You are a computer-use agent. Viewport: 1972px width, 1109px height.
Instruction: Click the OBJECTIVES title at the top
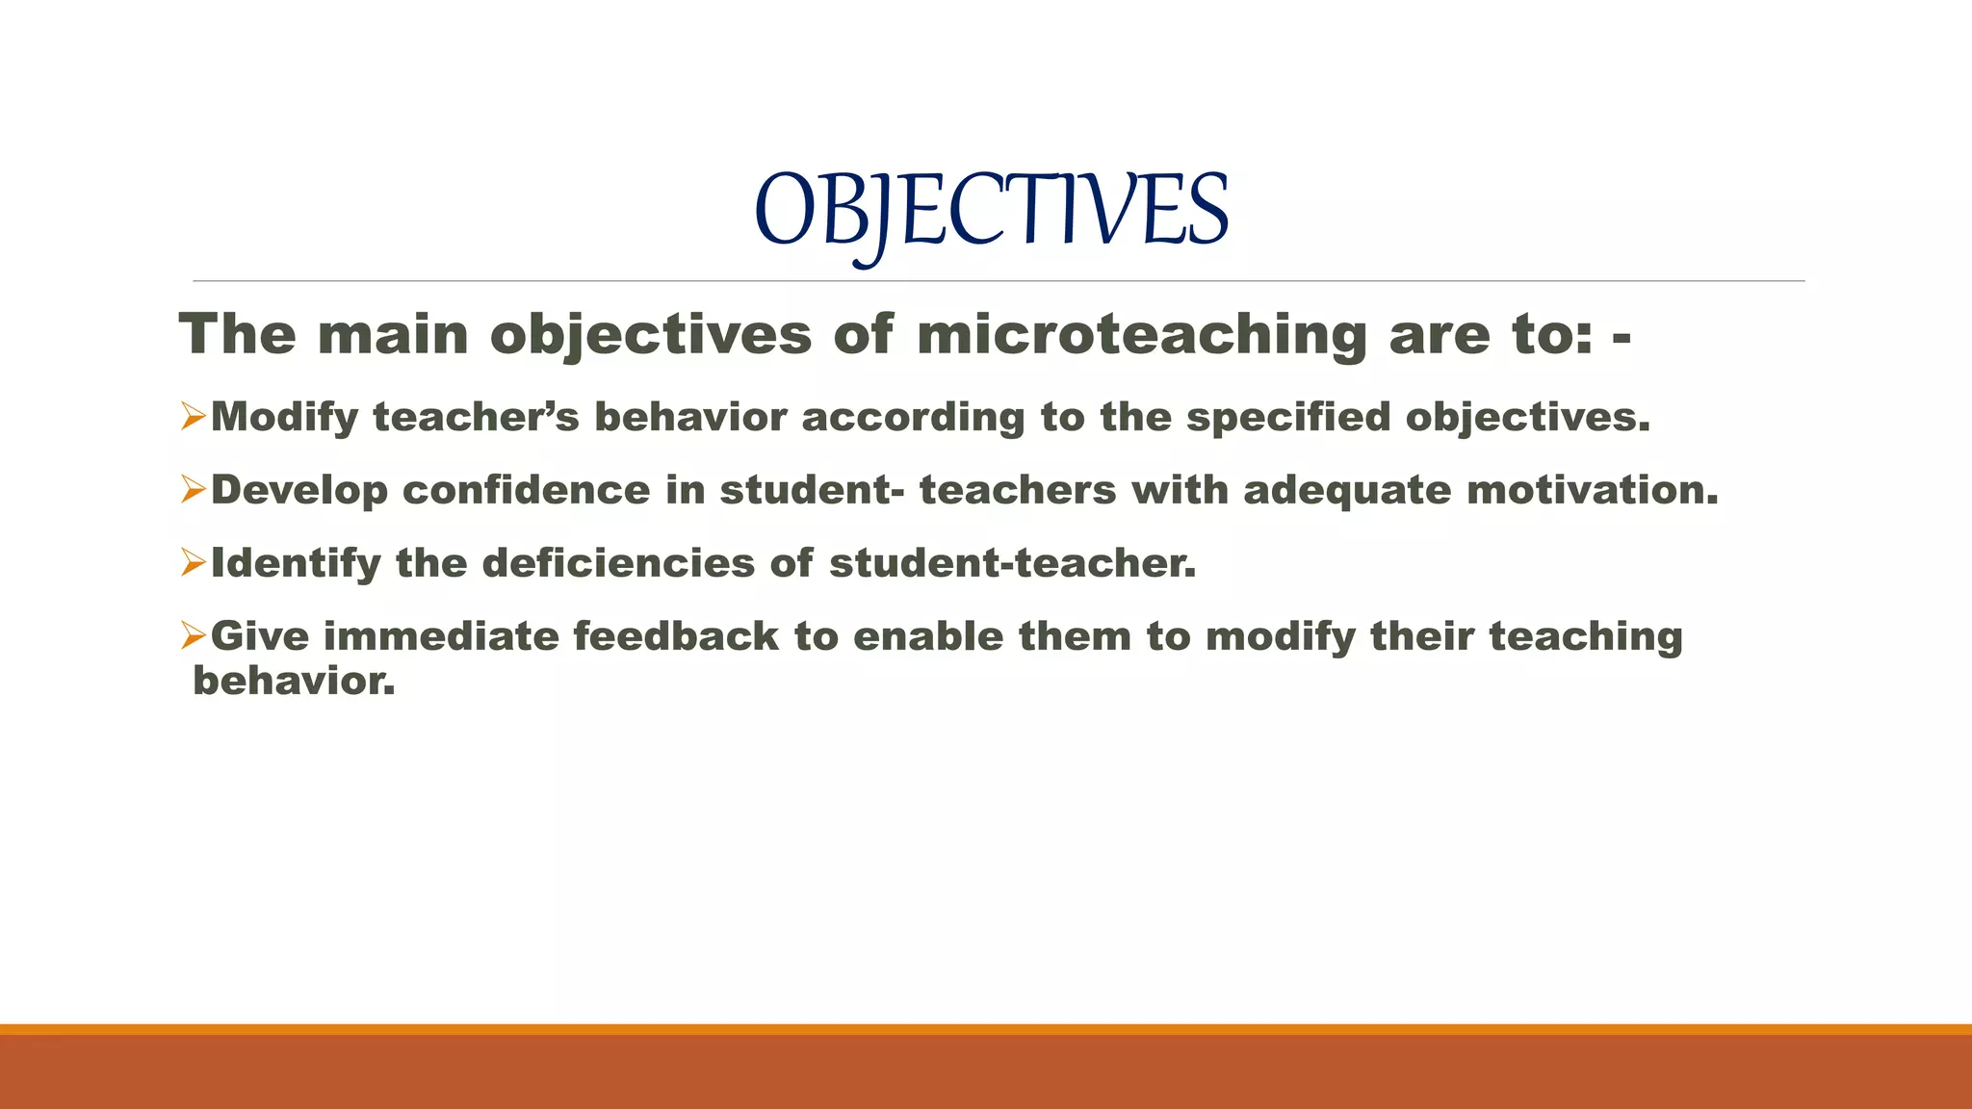coord(991,211)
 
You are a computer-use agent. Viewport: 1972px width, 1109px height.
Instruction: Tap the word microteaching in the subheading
coord(1141,335)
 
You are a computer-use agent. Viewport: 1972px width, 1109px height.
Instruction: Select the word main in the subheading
coord(392,335)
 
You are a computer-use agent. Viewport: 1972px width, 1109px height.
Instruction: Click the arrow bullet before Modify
coord(194,417)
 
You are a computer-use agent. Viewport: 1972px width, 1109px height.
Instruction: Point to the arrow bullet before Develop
coord(194,490)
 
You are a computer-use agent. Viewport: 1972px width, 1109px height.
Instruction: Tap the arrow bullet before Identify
coord(194,563)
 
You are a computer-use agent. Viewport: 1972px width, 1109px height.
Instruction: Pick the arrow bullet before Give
coord(194,636)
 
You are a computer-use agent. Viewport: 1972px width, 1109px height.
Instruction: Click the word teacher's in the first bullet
coord(476,417)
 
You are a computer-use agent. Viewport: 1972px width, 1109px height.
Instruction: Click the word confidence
coord(526,490)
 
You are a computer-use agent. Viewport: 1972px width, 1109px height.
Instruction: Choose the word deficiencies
coord(618,563)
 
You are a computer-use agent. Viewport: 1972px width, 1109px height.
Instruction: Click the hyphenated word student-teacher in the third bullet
coord(1012,563)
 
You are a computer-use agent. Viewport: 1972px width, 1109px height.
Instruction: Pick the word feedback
coord(676,636)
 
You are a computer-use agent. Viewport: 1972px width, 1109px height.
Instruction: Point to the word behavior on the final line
coord(294,681)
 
